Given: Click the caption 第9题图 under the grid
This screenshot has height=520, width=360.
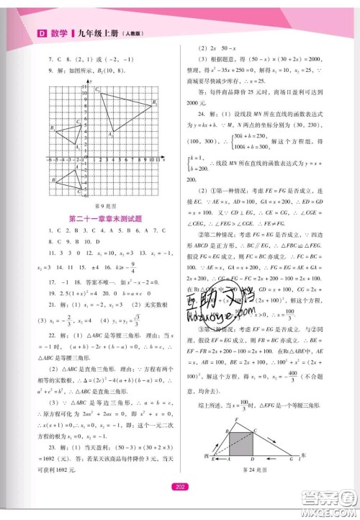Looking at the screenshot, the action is (x=105, y=207).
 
